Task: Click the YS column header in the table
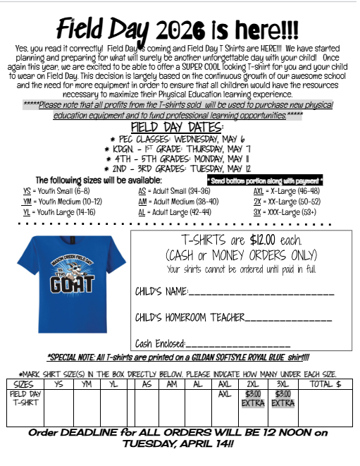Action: tap(59, 384)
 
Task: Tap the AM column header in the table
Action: tap(171, 384)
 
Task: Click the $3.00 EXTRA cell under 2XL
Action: tap(253, 399)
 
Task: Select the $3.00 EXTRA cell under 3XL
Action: tap(283, 399)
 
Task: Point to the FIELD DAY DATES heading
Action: tap(177, 126)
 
